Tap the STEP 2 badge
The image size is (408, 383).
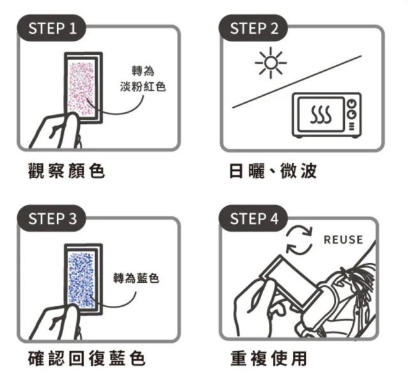(253, 29)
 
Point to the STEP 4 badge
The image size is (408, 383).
(253, 220)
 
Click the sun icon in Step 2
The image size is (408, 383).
(270, 63)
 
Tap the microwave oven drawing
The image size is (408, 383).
(326, 115)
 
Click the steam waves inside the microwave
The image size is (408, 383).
(319, 116)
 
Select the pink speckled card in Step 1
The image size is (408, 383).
(81, 87)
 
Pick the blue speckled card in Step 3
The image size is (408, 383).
(81, 278)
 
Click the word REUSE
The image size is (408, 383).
(343, 240)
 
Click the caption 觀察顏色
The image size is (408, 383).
(66, 170)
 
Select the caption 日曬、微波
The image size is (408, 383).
(272, 170)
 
